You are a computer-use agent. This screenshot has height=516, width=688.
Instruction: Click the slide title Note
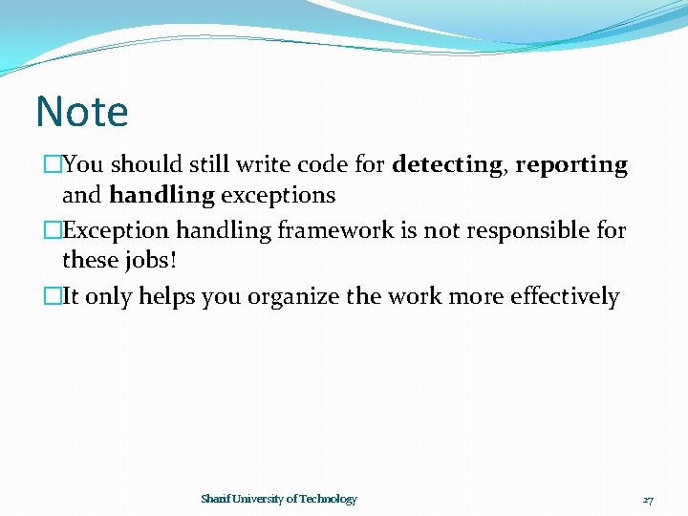pos(81,112)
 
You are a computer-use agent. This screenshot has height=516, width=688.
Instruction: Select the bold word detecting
pos(446,165)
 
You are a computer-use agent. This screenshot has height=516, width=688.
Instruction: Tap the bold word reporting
pos(571,165)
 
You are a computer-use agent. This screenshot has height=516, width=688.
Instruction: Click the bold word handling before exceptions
pos(162,196)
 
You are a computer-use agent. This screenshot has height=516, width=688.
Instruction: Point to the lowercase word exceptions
pos(278,196)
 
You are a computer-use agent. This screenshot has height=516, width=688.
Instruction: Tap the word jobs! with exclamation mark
pos(153,260)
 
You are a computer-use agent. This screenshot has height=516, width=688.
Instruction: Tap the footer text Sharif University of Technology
pos(279,499)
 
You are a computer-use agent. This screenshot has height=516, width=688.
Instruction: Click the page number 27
pos(648,500)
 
